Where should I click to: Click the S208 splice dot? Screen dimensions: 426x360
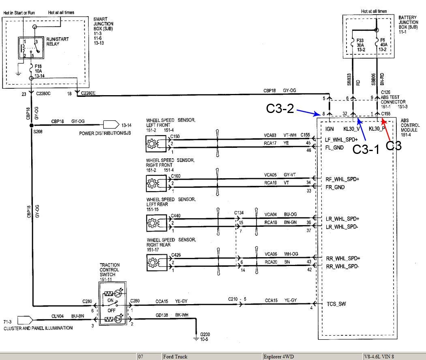(x=32, y=125)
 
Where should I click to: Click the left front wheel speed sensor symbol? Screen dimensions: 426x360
(x=156, y=144)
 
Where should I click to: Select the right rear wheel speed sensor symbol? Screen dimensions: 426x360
(x=157, y=262)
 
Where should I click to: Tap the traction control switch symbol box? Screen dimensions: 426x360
(x=112, y=303)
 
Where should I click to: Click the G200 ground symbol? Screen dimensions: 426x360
(x=196, y=338)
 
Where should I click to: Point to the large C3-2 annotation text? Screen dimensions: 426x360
(x=280, y=109)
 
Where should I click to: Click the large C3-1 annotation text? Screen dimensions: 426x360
(x=366, y=149)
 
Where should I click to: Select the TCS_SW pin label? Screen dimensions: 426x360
(x=336, y=304)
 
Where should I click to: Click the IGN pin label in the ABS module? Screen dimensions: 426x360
(x=330, y=129)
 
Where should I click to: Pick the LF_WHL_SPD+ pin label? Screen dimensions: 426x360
(x=341, y=140)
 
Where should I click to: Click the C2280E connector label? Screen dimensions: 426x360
(x=88, y=93)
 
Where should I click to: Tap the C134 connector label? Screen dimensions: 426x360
(x=239, y=213)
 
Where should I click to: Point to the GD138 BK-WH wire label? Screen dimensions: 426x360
(x=172, y=315)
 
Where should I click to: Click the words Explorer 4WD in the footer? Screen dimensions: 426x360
(x=278, y=356)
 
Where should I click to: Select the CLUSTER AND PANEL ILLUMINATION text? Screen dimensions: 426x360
(x=38, y=328)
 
